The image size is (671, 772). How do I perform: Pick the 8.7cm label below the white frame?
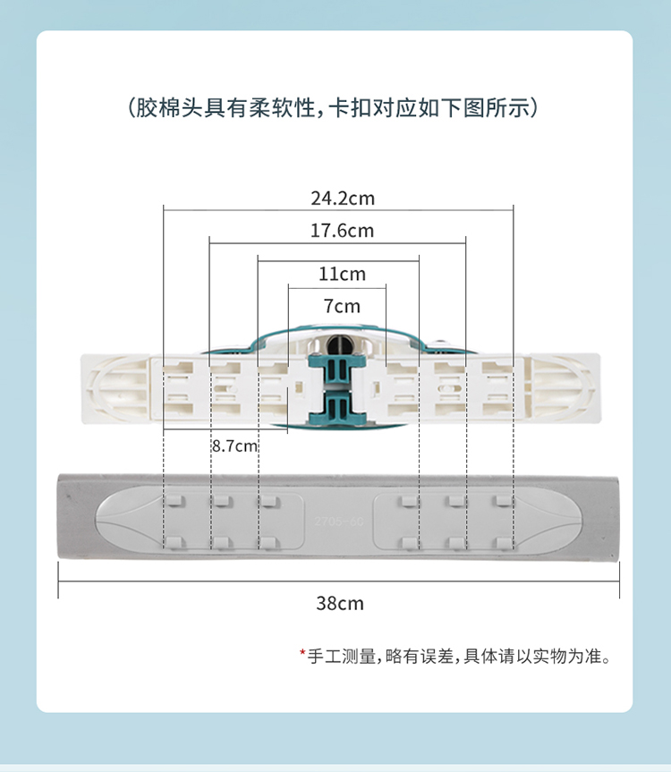234,445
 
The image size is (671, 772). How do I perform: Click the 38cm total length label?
340,603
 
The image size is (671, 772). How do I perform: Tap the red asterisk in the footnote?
302,655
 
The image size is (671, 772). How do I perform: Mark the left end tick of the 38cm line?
58,588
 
